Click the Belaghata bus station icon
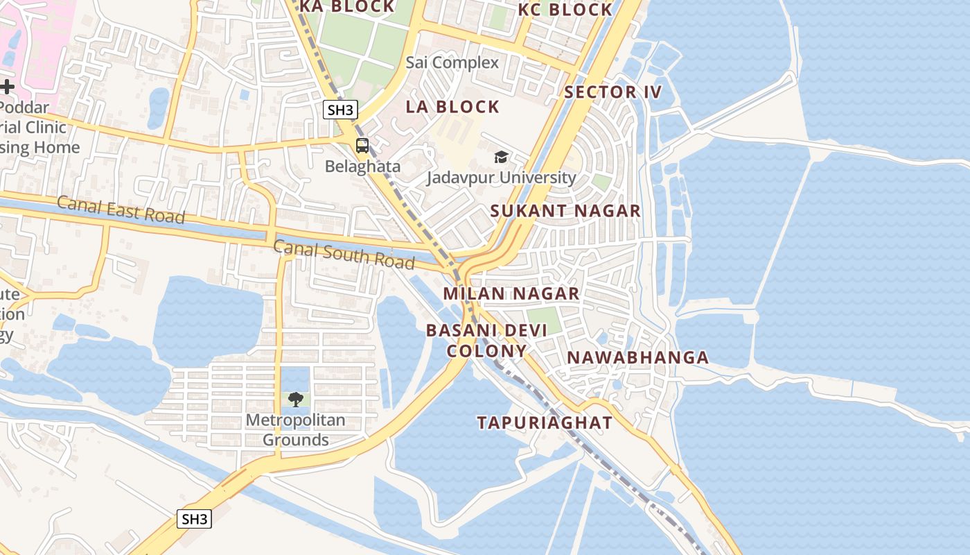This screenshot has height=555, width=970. pos(362,146)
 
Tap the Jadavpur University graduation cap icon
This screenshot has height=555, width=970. pos(501,157)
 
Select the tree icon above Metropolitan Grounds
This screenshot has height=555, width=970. pos(296,399)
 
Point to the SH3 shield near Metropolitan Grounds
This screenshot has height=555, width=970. pos(194,518)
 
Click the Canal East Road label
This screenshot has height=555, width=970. pos(121,210)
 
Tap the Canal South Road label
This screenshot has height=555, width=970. pos(344,254)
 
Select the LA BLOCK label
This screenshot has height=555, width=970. pos(452,107)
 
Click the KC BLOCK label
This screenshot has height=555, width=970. pos(565,10)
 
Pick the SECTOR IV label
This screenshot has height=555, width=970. pos(613,92)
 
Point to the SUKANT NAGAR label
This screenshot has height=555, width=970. pos(566,211)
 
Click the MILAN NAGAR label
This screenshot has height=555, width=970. pos(511,293)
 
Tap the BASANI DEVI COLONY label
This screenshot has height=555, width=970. pos(486,340)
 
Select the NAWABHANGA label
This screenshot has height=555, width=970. pos(638,358)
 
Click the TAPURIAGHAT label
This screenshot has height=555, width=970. pos(545,422)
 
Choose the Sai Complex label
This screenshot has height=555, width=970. pos(452,62)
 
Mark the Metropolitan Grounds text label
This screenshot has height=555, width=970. pos(296,430)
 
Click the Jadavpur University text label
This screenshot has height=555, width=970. pos(501,178)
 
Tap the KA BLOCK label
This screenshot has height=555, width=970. pos(347,6)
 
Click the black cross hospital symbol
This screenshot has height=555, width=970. pos(7,87)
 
